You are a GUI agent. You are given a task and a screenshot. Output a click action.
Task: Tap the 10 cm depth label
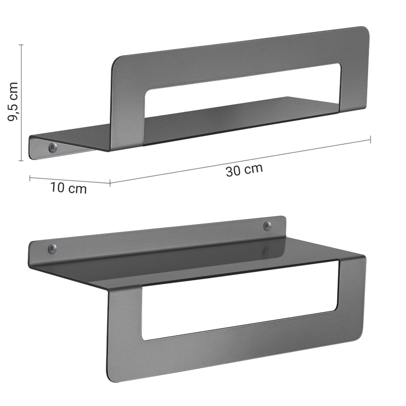tap(69, 188)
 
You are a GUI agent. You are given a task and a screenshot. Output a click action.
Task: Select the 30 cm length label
tap(244, 170)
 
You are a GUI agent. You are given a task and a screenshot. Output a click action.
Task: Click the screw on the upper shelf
tap(52, 148)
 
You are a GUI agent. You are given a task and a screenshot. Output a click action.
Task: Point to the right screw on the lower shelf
tap(267, 226)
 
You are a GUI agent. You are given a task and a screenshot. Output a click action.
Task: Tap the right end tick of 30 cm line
tap(370, 139)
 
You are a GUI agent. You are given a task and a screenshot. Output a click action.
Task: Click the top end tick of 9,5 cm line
tap(21, 44)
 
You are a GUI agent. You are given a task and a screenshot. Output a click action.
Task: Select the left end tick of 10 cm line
tap(30, 177)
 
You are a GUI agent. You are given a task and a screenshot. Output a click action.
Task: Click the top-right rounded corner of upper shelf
tap(364, 31)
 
